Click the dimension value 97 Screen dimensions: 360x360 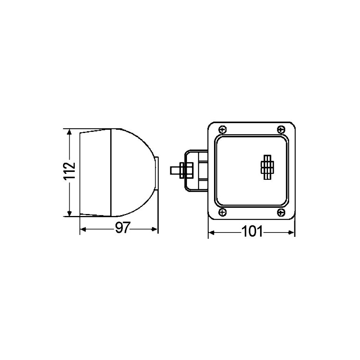[123, 228]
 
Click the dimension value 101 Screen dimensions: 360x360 [252, 231]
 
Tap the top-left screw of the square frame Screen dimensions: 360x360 [222, 130]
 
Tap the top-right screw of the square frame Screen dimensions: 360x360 [281, 130]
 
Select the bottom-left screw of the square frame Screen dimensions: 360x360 [222, 212]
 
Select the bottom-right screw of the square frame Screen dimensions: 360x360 [281, 212]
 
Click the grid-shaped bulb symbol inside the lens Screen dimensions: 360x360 [267, 167]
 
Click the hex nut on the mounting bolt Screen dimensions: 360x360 [181, 170]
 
